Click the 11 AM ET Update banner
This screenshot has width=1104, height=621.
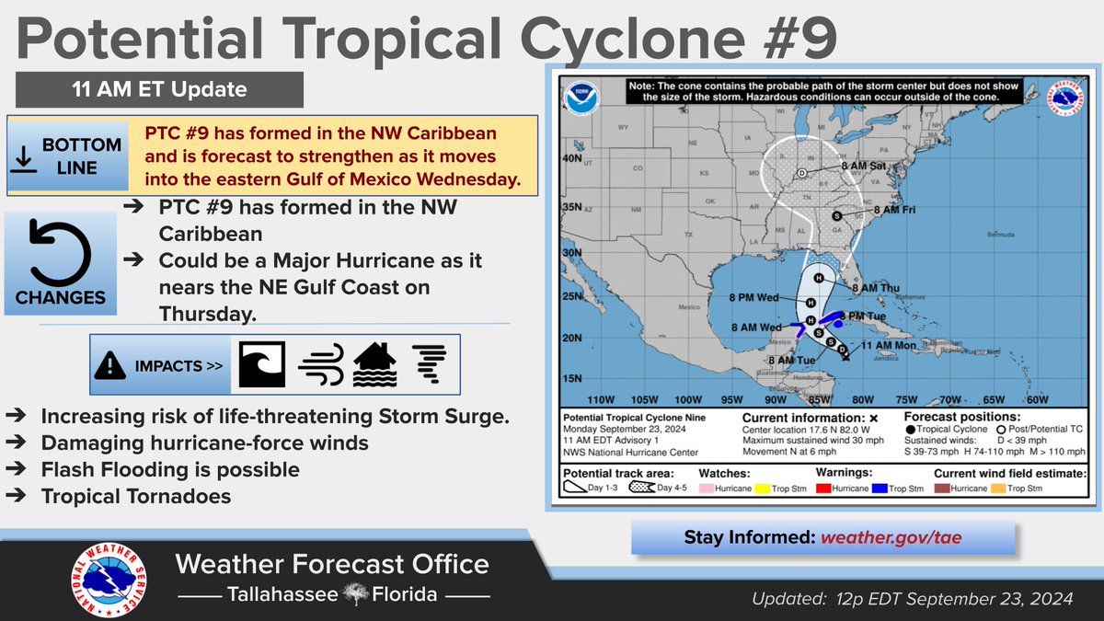[x=158, y=90]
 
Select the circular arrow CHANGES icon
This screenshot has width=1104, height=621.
[x=60, y=251]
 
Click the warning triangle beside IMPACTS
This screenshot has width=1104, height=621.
[x=110, y=366]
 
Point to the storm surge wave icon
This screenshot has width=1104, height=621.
[x=262, y=365]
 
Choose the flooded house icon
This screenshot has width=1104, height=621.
[x=375, y=365]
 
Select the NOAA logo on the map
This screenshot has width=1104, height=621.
[x=581, y=98]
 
